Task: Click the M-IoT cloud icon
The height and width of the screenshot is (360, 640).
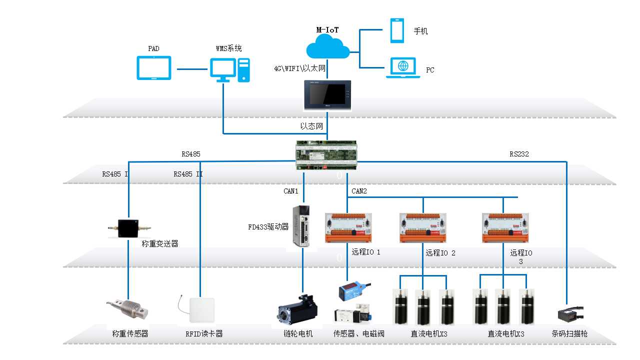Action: click(327, 48)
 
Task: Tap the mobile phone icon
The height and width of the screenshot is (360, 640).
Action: click(397, 30)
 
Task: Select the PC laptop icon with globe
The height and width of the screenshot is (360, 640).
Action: click(403, 68)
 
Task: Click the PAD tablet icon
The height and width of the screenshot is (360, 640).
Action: click(153, 67)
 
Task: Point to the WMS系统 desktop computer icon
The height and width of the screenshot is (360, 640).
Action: click(229, 70)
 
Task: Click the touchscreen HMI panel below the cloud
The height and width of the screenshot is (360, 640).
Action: click(327, 95)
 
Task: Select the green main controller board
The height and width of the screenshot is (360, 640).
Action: click(327, 155)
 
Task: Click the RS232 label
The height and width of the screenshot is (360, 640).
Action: click(519, 154)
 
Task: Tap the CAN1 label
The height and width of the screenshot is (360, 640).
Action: click(290, 191)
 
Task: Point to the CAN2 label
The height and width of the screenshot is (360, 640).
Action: click(359, 191)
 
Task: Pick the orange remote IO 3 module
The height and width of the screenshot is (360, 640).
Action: click(505, 228)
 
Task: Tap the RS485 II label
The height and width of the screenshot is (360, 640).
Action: click(188, 174)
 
